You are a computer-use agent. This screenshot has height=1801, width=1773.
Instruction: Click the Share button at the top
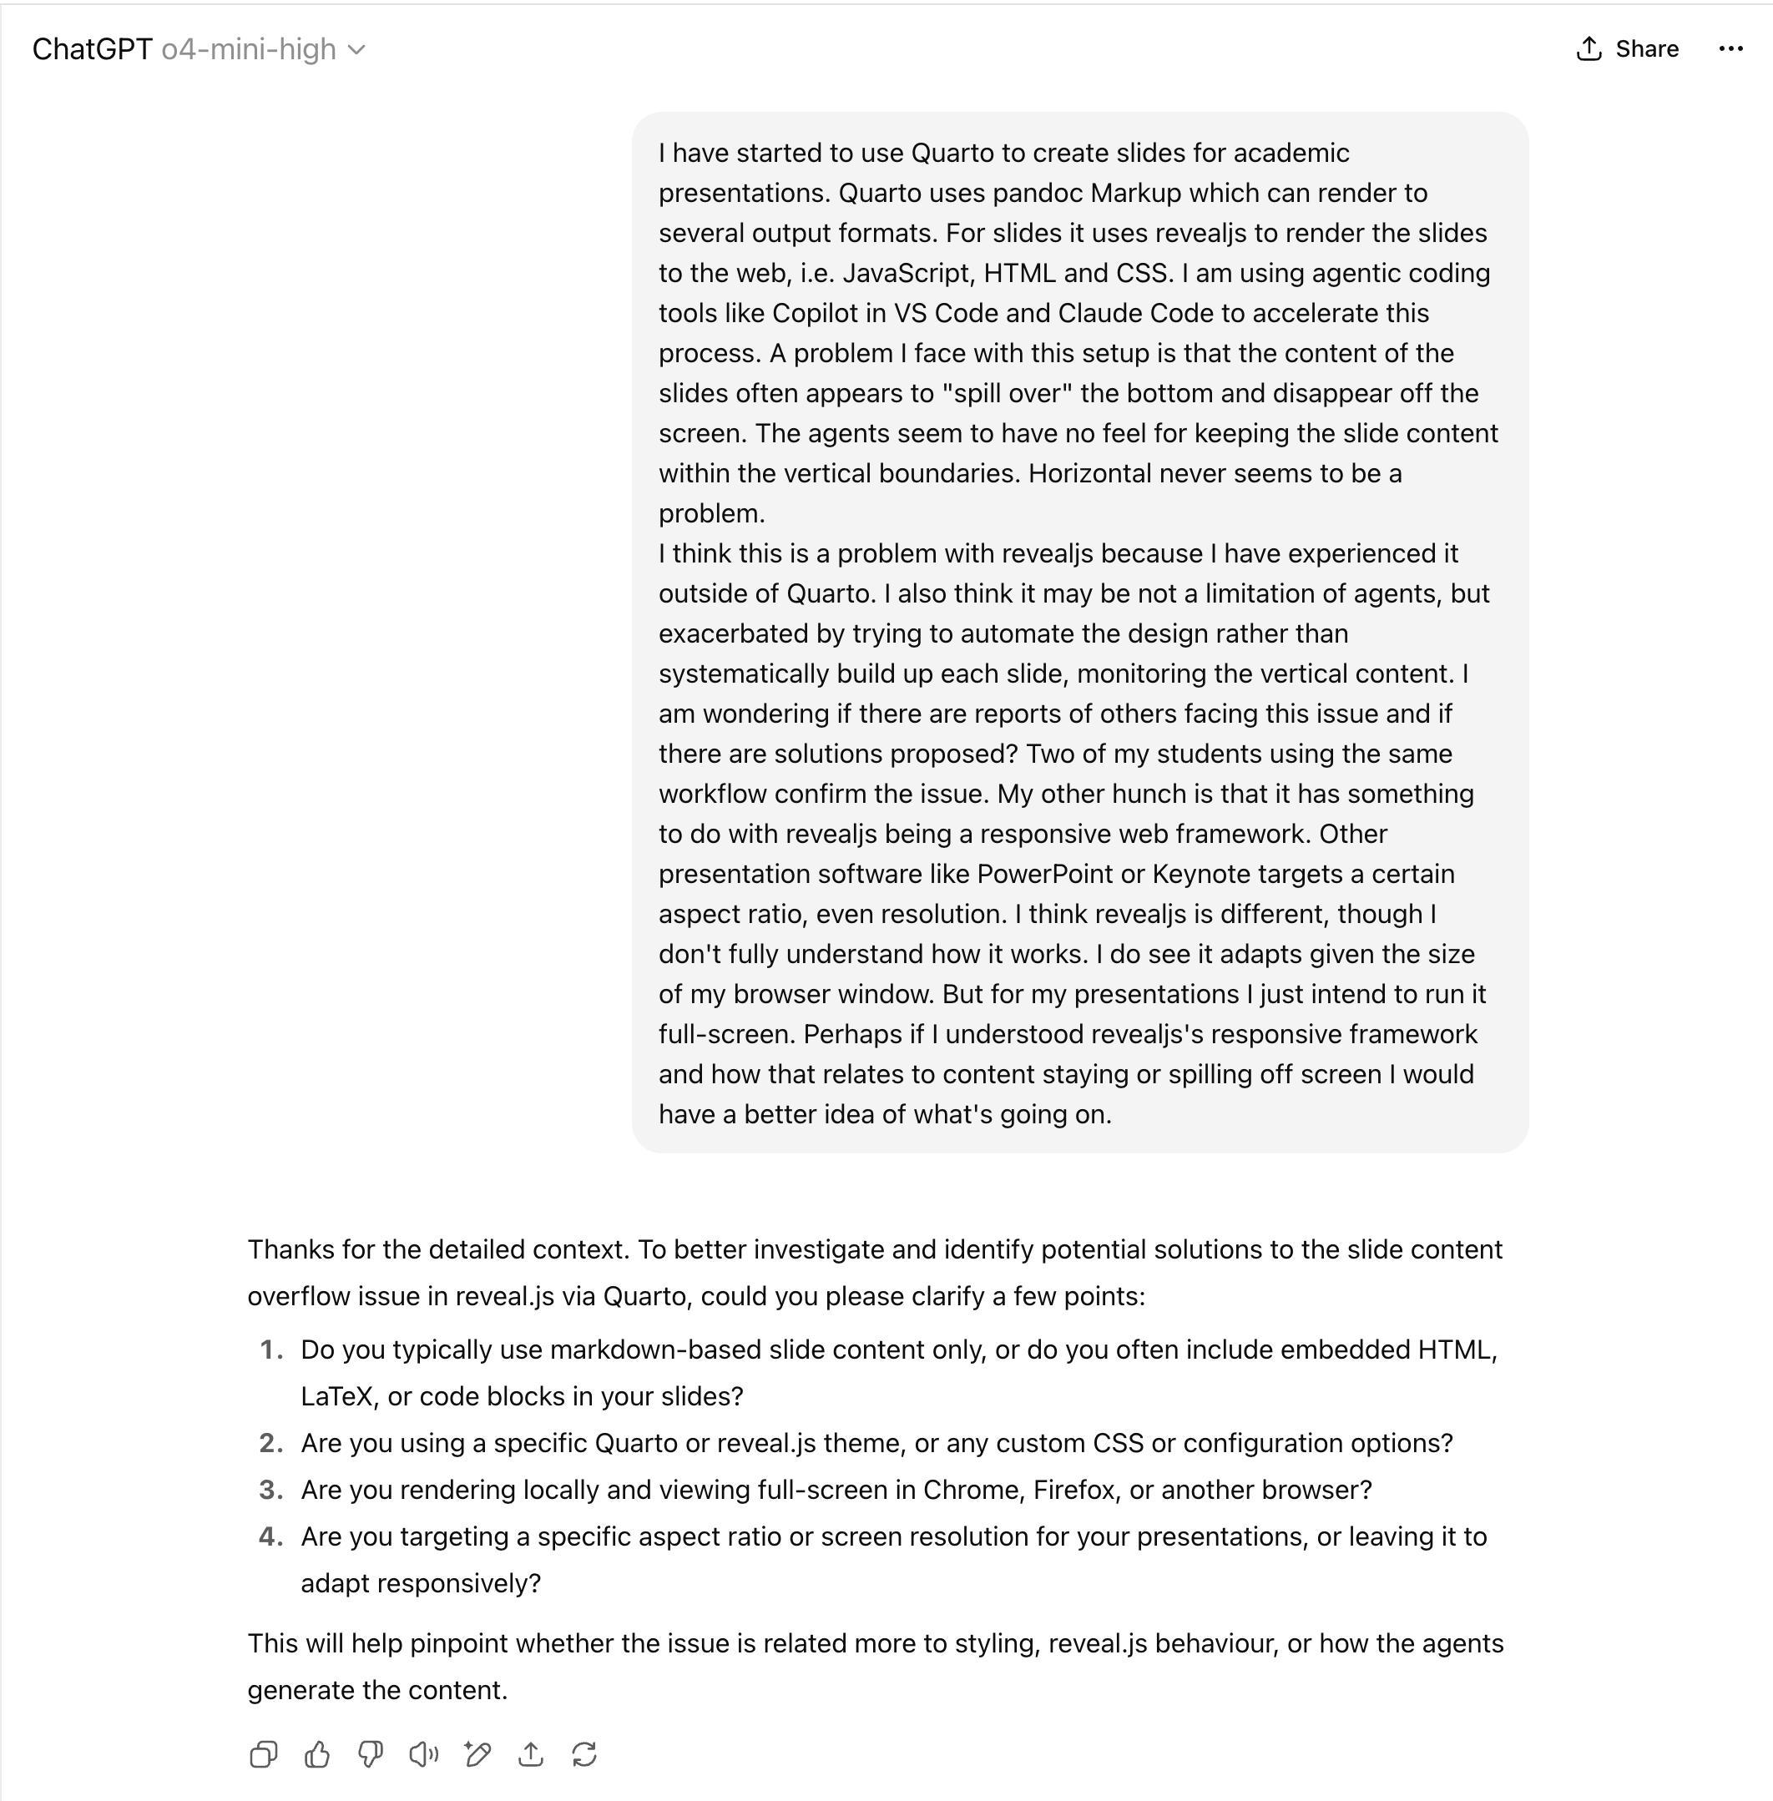click(1628, 48)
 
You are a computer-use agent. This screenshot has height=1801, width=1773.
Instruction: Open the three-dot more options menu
click(1730, 48)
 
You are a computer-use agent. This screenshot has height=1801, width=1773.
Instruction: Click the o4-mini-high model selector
click(264, 48)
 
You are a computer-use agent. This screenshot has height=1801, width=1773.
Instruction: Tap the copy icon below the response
click(264, 1754)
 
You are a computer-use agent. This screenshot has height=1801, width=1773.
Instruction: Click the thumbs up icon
click(316, 1754)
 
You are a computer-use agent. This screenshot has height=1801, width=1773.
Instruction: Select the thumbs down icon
click(371, 1754)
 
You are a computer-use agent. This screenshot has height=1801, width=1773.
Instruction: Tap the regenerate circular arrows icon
click(583, 1754)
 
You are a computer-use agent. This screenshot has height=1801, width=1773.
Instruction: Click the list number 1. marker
click(271, 1349)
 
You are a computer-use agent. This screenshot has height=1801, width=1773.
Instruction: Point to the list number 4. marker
click(271, 1536)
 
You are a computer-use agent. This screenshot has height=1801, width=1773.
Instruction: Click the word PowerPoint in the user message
click(1044, 874)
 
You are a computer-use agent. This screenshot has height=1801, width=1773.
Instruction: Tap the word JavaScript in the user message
click(908, 273)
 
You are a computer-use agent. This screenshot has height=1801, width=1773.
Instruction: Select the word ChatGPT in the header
click(92, 48)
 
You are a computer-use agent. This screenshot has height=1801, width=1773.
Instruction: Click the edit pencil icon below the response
click(477, 1754)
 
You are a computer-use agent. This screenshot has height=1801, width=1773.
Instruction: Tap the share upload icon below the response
click(531, 1754)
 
